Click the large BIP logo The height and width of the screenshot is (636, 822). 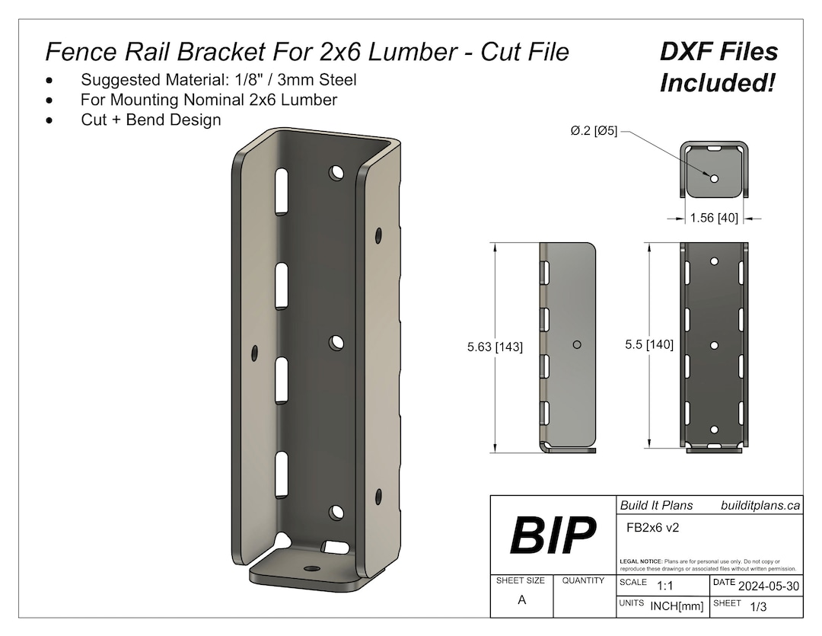(x=553, y=535)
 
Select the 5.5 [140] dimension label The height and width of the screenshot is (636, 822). (x=648, y=345)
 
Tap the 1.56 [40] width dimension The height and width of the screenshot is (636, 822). (x=713, y=219)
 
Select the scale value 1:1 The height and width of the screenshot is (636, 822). (x=664, y=585)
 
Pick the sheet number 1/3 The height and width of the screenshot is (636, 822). (x=758, y=607)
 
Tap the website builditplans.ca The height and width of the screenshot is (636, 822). (x=760, y=505)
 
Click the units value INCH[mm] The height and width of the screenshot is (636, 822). (x=677, y=606)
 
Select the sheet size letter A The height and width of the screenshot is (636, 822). (x=521, y=599)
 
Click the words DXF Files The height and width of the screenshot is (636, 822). (x=718, y=52)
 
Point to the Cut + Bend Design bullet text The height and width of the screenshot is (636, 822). (x=151, y=120)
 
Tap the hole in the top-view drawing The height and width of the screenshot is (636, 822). (x=715, y=178)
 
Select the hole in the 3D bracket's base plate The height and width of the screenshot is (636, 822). (x=310, y=569)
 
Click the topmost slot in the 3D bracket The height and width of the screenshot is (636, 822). (x=282, y=190)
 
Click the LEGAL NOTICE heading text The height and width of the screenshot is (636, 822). (x=642, y=561)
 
